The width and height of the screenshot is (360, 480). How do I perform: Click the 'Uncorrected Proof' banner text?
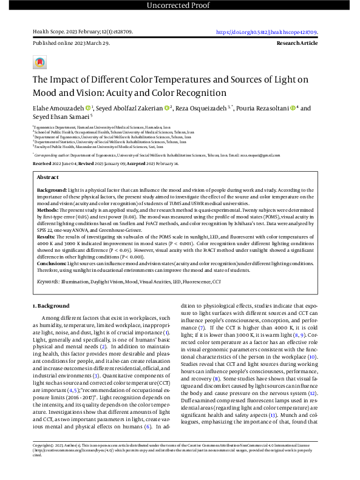pyautogui.click(x=180, y=5)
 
